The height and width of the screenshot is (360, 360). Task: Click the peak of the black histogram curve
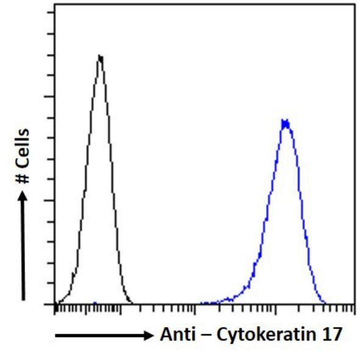pos(100,57)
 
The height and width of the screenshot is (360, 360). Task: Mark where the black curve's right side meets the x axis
pos(132,303)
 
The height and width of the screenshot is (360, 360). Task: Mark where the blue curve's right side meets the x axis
pos(325,303)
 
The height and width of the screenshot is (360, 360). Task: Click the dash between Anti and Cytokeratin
pos(204,335)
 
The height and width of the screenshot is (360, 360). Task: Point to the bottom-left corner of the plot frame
pos(55,304)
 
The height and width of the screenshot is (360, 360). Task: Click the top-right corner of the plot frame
pos(355,4)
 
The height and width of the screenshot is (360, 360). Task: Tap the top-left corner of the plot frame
pos(55,4)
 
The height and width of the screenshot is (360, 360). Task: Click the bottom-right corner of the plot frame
pos(355,304)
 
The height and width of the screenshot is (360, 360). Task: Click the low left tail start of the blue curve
pos(201,303)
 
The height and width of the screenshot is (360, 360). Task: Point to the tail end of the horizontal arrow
pos(56,335)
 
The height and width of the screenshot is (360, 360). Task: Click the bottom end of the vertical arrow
pos(23,300)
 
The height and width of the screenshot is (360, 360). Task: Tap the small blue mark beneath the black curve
pos(95,302)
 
